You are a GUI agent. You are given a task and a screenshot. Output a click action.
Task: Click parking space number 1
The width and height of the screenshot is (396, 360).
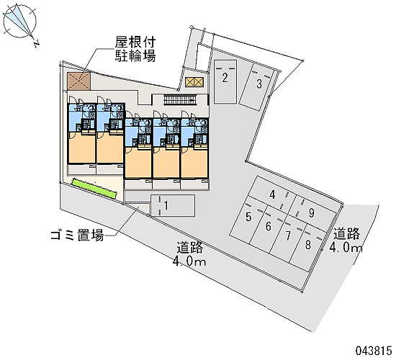pyautogui.click(x=172, y=205)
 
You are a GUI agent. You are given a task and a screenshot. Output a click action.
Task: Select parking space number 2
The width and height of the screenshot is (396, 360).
pyautogui.click(x=225, y=81)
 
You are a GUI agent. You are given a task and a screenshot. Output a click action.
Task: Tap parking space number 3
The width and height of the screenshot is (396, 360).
pyautogui.click(x=256, y=86)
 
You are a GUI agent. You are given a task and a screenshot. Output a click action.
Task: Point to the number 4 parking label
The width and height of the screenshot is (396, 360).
pyautogui.click(x=272, y=195)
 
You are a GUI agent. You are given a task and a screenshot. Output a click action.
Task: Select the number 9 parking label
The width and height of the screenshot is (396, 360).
pyautogui.click(x=312, y=212)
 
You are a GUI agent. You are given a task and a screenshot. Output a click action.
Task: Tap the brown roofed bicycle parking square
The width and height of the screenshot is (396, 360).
pyautogui.click(x=78, y=81)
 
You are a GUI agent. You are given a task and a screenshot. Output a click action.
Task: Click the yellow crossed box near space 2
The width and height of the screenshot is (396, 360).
pyautogui.click(x=194, y=82)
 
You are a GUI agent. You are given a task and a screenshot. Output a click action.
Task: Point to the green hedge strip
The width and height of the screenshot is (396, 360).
pyautogui.click(x=95, y=188)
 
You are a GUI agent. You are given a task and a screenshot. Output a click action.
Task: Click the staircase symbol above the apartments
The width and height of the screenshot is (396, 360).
pyautogui.click(x=179, y=99)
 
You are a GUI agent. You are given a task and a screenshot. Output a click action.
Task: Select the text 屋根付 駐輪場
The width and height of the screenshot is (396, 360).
pyautogui.click(x=135, y=49)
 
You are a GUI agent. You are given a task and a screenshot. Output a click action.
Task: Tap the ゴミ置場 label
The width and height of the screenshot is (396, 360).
pyautogui.click(x=77, y=235)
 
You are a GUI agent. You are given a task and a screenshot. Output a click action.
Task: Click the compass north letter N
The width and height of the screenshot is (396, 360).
pyautogui.click(x=37, y=44)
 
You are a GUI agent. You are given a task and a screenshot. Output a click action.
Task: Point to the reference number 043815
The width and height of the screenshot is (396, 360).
pyautogui.click(x=374, y=351)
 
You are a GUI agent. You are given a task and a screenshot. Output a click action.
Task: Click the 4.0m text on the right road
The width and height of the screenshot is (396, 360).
pyautogui.click(x=346, y=248)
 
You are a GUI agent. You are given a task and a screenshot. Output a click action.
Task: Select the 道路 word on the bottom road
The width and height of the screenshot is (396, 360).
pyautogui.click(x=189, y=248)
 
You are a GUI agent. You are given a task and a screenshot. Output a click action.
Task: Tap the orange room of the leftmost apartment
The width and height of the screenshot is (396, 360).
pyautogui.click(x=82, y=148)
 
